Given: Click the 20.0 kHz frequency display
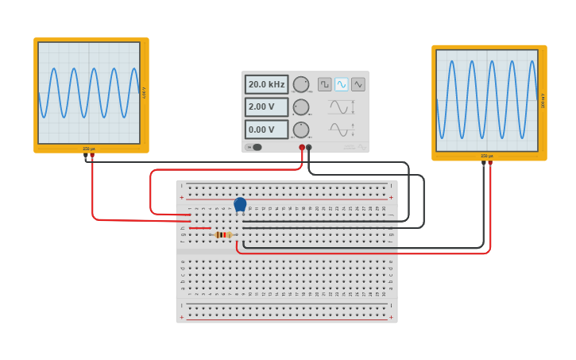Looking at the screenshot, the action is (266, 84).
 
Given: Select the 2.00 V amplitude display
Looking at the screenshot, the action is (266, 106).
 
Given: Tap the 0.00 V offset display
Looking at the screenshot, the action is (266, 130).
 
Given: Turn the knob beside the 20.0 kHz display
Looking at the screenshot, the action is (300, 84).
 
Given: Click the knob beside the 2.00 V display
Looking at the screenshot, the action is (300, 107).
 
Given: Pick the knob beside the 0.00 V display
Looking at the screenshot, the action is (300, 130).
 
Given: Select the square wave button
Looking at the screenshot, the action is (325, 84).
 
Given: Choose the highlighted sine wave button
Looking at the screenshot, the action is (342, 84).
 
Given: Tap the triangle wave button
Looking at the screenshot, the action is (358, 84).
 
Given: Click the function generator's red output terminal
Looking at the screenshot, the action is (302, 147).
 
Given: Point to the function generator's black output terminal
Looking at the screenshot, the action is (309, 147).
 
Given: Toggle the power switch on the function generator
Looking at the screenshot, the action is (256, 147).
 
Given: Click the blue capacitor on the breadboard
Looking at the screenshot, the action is (240, 204).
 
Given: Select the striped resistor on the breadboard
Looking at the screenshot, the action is (223, 234).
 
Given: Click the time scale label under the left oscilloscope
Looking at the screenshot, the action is (89, 149).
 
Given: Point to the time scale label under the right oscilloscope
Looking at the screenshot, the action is (487, 156).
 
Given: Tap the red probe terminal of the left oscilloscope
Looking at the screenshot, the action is (92, 155).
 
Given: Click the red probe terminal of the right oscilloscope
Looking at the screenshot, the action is (490, 162).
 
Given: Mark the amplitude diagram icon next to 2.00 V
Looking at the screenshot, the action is (342, 106).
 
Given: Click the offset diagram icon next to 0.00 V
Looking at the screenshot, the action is (342, 130).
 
